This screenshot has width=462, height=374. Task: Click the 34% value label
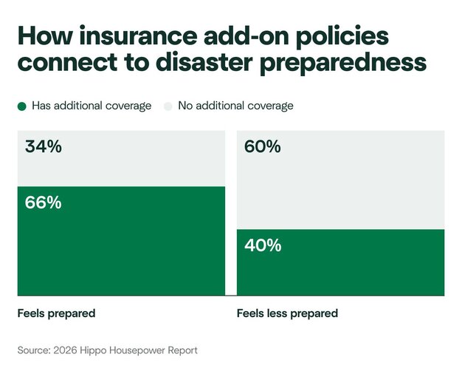[x=44, y=147]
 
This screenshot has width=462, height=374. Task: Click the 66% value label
[x=44, y=203]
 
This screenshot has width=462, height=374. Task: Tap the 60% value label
[x=263, y=147]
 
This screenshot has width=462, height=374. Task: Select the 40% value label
[x=263, y=245]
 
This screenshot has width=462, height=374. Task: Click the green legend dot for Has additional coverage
[x=22, y=106]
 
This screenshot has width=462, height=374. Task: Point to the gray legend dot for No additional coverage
[x=168, y=106]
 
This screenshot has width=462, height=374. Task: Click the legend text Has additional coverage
[x=92, y=106]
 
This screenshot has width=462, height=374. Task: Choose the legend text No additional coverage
[x=235, y=106]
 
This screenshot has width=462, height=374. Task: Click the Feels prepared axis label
[x=56, y=313]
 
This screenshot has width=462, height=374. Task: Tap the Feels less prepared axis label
[x=287, y=313]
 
